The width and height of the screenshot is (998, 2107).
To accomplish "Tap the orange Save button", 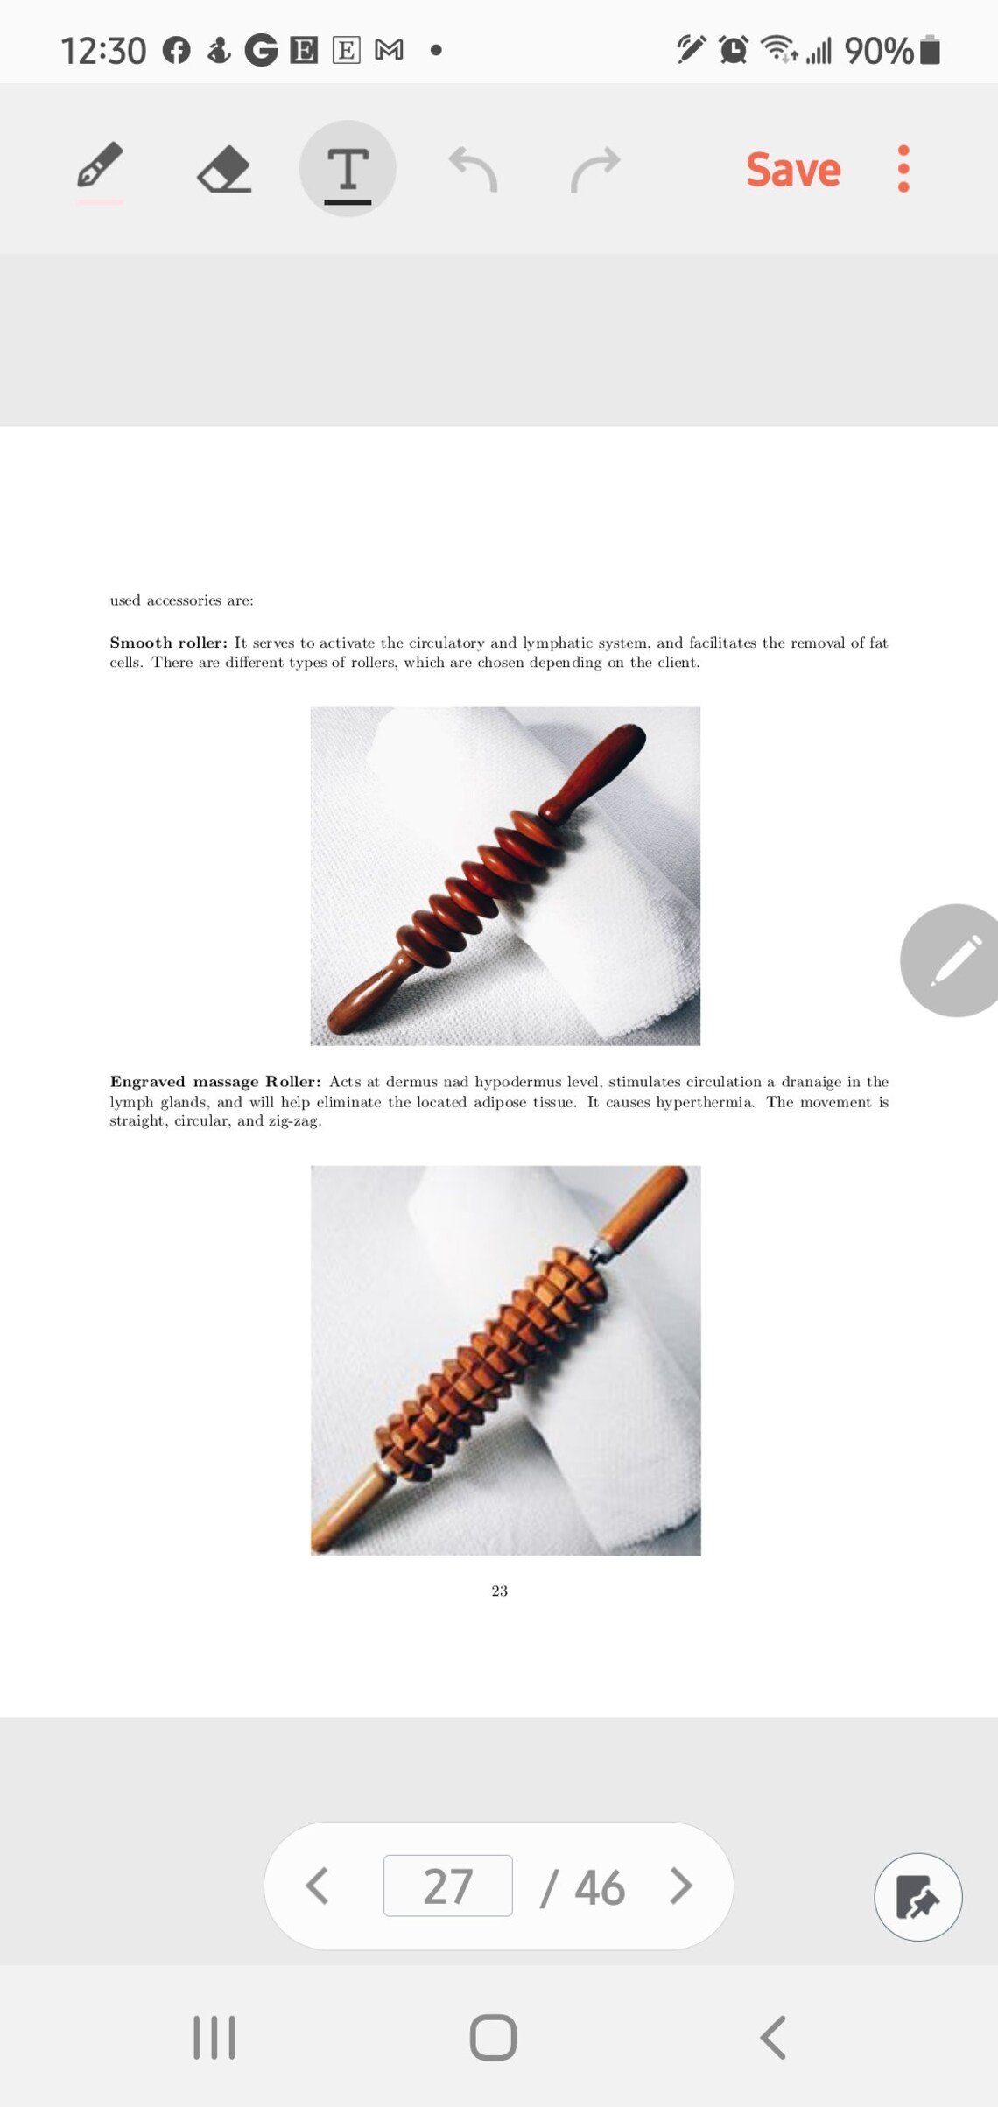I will point(792,169).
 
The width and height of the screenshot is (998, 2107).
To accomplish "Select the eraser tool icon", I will point(224,168).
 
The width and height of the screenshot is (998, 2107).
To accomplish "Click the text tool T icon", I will point(348,169).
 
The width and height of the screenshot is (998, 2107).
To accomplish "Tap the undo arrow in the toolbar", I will point(473,168).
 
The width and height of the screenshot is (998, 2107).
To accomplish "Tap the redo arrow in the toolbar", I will point(595,168).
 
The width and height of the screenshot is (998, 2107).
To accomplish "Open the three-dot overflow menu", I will point(903,169).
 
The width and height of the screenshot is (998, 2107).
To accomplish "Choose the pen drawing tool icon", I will point(100,166).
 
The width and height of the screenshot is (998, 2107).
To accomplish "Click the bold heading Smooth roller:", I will point(168,643).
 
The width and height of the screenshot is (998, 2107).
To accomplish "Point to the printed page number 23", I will point(499,1591).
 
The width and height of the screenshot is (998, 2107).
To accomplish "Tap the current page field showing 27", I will point(447,1886).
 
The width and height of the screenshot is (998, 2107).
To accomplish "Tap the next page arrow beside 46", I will point(681,1886).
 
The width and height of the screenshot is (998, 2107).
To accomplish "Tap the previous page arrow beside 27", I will point(317,1886).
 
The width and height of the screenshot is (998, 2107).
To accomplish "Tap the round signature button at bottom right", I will point(917,1897).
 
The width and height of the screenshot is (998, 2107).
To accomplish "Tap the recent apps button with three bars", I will point(214,2038).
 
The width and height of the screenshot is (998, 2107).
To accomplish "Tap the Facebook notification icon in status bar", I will point(177,51).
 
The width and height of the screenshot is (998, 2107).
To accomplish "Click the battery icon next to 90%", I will point(931,51).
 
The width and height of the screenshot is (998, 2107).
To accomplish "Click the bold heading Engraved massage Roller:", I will point(214,1082).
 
